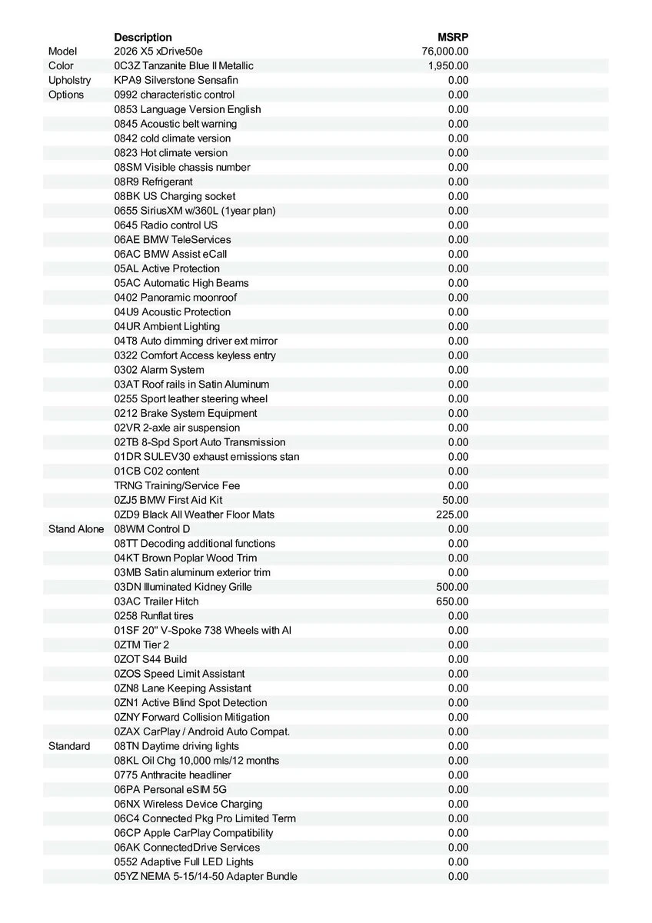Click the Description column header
click(143, 37)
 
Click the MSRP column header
click(453, 37)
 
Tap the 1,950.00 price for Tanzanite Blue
click(448, 66)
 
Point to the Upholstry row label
click(69, 81)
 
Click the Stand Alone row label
click(76, 529)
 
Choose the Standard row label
click(69, 746)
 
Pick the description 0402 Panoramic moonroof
click(175, 298)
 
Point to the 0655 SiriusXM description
click(195, 211)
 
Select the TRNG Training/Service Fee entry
click(177, 485)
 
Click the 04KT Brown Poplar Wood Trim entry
click(185, 558)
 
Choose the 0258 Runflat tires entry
click(154, 616)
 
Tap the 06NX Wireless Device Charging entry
click(188, 804)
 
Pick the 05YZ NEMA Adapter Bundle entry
click(205, 876)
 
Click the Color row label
click(61, 66)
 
